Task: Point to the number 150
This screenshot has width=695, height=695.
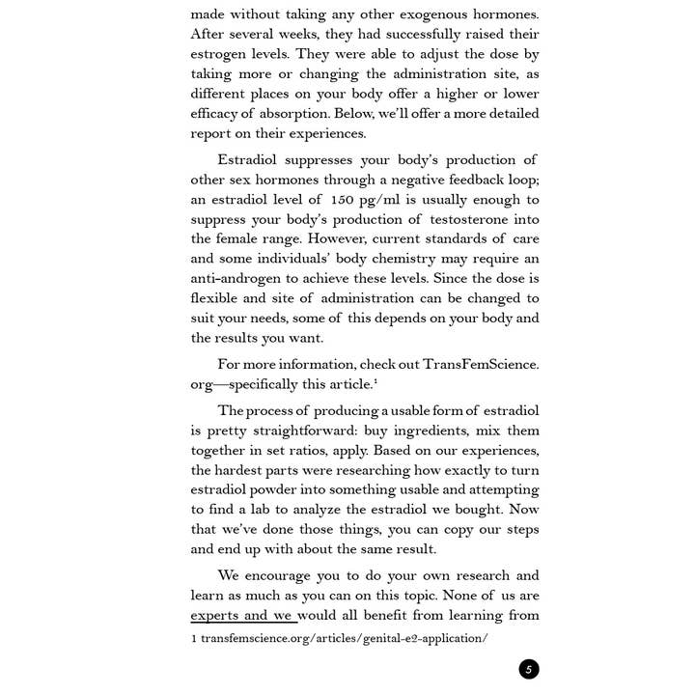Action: coord(344,200)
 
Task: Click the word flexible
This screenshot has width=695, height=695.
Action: coord(216,298)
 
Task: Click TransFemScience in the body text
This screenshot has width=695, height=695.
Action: coord(480,364)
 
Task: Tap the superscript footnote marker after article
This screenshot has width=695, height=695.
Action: coord(375,381)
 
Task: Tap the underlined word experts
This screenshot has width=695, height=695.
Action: coord(214,615)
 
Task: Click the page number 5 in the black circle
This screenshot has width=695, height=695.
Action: coord(528,670)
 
